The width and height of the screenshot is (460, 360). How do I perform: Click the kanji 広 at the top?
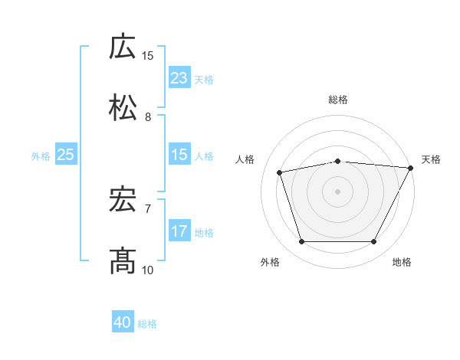coord(123,47)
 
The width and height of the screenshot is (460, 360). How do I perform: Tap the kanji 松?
coord(123,108)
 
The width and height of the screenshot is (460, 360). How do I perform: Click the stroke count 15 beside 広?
coord(148,55)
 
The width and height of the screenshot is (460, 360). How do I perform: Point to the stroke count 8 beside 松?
coord(148,116)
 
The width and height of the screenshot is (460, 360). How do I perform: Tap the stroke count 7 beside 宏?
coord(148,208)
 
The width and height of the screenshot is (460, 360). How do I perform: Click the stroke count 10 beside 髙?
coord(148,270)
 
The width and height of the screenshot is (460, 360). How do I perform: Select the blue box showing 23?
coord(179,77)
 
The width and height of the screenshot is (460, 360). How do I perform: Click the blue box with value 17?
coord(179,231)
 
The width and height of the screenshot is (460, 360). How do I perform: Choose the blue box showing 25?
coord(66,155)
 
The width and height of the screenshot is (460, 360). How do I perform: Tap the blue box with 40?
coord(123,323)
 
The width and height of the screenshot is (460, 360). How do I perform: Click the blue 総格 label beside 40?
coord(147,324)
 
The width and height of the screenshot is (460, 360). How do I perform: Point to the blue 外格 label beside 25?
coord(41,155)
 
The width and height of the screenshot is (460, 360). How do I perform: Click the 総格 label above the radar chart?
coord(338,100)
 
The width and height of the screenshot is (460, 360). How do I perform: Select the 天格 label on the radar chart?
coord(431,159)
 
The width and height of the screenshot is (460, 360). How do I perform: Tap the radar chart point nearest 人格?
coord(280,172)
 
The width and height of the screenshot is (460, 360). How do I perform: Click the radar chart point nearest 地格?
coord(373,242)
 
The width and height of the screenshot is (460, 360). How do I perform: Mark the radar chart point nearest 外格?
coord(301,242)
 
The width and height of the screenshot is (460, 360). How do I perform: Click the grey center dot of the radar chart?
coord(337,191)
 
